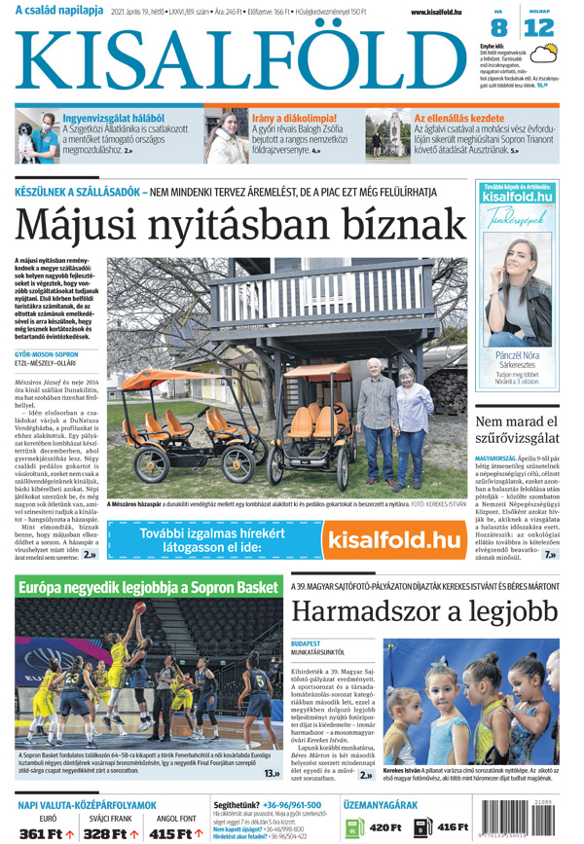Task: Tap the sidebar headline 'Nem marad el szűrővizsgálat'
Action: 523,432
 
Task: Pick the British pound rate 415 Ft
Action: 171,833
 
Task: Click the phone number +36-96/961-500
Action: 292,805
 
